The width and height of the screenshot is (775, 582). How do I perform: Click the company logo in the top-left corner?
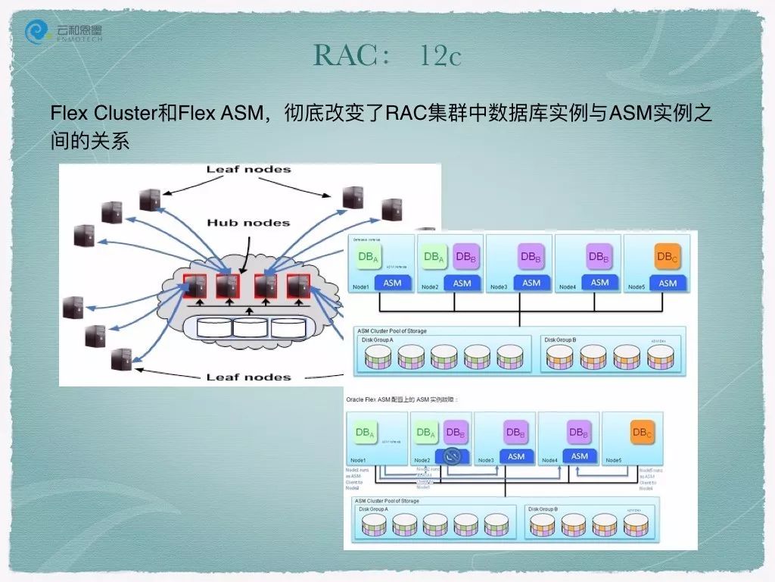pos(64,32)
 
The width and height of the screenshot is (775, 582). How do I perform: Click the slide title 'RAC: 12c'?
pos(387,55)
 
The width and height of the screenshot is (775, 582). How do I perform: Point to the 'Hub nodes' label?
pos(248,223)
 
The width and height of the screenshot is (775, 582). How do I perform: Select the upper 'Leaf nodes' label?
pos(248,169)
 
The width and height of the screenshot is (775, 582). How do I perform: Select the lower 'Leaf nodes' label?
pos(248,377)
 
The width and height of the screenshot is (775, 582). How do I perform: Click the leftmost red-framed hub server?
pos(196,286)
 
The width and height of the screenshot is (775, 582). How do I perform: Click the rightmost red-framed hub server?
pos(298,286)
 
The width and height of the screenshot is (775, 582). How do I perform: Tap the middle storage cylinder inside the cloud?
pos(251,327)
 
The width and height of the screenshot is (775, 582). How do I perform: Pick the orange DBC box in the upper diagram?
pos(668,257)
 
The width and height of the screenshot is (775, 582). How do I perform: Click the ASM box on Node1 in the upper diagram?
pos(392,283)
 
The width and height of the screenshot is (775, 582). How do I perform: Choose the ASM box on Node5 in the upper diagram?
pos(668,283)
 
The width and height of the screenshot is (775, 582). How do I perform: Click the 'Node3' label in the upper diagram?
pos(499,287)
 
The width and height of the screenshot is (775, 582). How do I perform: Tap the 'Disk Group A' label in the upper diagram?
pos(379,340)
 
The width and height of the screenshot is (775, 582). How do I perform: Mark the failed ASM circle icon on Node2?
pos(452,456)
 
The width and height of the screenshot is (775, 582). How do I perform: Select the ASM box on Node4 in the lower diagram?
pos(580,456)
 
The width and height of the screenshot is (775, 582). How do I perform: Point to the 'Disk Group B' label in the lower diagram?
pos(543,509)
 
